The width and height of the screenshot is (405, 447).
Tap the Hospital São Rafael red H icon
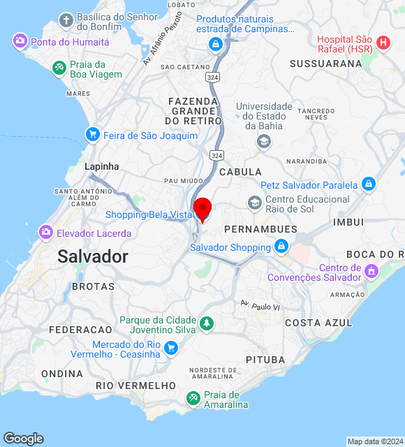tap(383, 43)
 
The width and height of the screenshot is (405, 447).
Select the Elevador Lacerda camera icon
tap(46, 232)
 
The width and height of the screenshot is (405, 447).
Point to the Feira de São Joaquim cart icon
tap(91, 134)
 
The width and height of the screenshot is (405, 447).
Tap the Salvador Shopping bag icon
tap(281, 247)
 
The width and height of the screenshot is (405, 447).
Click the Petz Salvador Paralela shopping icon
tap(369, 185)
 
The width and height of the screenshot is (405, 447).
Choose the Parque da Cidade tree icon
tap(206, 323)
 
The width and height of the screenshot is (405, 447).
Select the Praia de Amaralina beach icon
tap(193, 398)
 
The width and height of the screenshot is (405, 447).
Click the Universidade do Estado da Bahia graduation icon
tap(263, 142)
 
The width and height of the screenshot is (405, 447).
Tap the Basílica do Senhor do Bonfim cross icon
tap(66, 20)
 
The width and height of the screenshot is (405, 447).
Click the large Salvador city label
tap(93, 256)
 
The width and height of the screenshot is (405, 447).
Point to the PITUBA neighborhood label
tap(265, 359)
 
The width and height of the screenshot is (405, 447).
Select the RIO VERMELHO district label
tap(135, 386)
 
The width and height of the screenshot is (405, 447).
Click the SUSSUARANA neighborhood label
tap(326, 64)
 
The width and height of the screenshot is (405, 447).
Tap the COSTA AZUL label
tap(314, 323)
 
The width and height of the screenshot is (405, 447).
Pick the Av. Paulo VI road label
tap(259, 305)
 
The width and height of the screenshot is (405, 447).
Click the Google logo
tap(23, 438)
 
